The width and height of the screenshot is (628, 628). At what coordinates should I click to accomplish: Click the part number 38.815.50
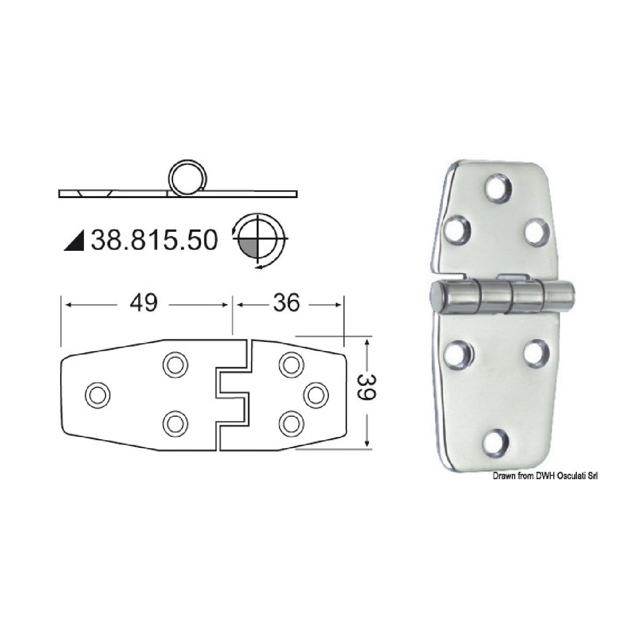pyautogui.click(x=154, y=241)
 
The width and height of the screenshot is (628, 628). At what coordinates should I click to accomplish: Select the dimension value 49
pyautogui.click(x=143, y=304)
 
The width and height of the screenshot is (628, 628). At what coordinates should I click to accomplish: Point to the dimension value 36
pyautogui.click(x=286, y=304)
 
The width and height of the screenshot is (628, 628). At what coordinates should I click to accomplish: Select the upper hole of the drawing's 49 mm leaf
pyautogui.click(x=175, y=365)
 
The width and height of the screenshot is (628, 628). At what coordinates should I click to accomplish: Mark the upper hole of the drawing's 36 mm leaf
pyautogui.click(x=291, y=365)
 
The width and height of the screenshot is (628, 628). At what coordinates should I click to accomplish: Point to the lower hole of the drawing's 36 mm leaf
pyautogui.click(x=291, y=424)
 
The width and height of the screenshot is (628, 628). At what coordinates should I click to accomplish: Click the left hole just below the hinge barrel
pyautogui.click(x=458, y=354)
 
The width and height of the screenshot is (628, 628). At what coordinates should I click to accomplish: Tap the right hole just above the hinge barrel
pyautogui.click(x=536, y=230)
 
